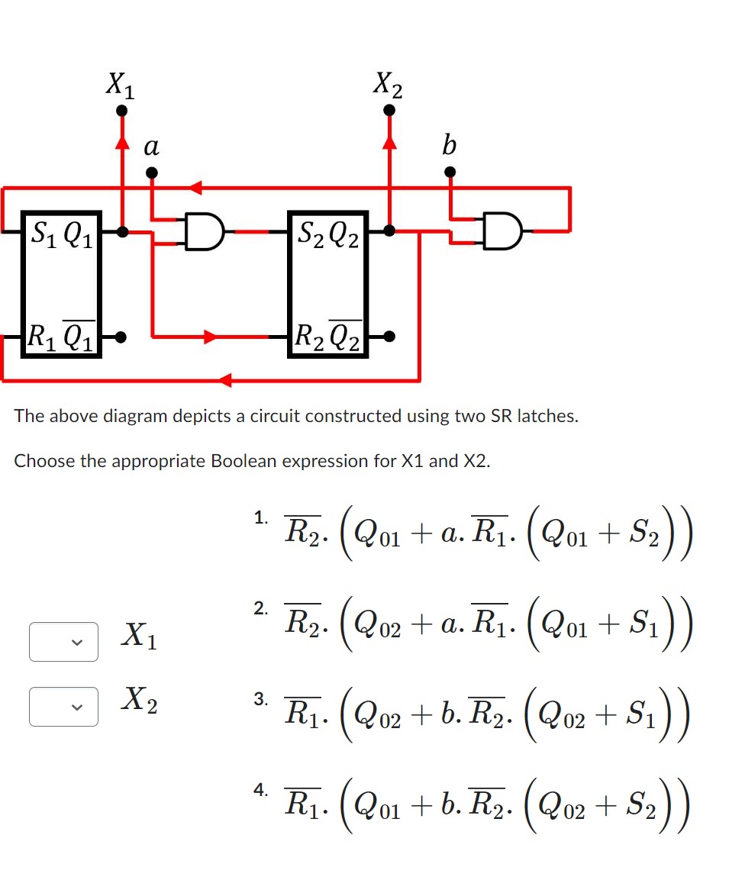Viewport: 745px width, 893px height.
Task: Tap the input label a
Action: pyautogui.click(x=152, y=146)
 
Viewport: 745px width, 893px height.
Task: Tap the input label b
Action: pyautogui.click(x=450, y=145)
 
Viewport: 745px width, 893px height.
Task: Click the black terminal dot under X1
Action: pyautogui.click(x=121, y=112)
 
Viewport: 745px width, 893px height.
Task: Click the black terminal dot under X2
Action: pyautogui.click(x=389, y=111)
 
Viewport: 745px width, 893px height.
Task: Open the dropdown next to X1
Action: pyautogui.click(x=63, y=642)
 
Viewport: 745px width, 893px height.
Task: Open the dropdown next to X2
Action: pyautogui.click(x=63, y=706)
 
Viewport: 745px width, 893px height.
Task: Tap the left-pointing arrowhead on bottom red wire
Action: pyautogui.click(x=224, y=380)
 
